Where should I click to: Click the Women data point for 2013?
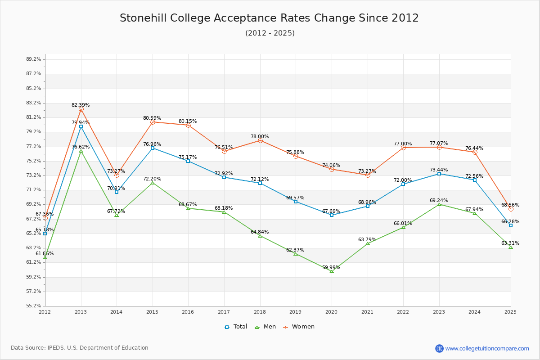pyautogui.click(x=81, y=109)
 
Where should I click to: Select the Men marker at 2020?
pyautogui.click(x=332, y=271)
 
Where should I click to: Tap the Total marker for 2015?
pyautogui.click(x=153, y=148)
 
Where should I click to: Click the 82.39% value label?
pyautogui.click(x=81, y=105)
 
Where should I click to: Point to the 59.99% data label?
pyautogui.click(x=331, y=268)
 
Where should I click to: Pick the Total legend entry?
pyautogui.click(x=236, y=327)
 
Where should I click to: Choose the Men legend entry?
pyautogui.click(x=266, y=327)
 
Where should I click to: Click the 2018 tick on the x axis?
pyautogui.click(x=260, y=311)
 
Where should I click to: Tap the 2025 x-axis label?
pyautogui.click(x=510, y=311)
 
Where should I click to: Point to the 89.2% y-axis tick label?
pyautogui.click(x=34, y=59)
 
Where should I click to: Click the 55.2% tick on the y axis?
pyautogui.click(x=34, y=306)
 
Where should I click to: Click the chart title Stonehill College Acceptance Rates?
pyautogui.click(x=269, y=18)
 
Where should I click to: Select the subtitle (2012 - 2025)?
pyautogui.click(x=270, y=33)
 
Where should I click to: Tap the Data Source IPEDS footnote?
pyautogui.click(x=80, y=348)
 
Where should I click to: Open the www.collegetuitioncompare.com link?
pyautogui.click(x=487, y=348)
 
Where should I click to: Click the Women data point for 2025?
pyautogui.click(x=511, y=209)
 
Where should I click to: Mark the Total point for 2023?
pyautogui.click(x=439, y=174)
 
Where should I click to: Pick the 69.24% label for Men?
pyautogui.click(x=439, y=201)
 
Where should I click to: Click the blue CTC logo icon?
pyautogui.click(x=439, y=348)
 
